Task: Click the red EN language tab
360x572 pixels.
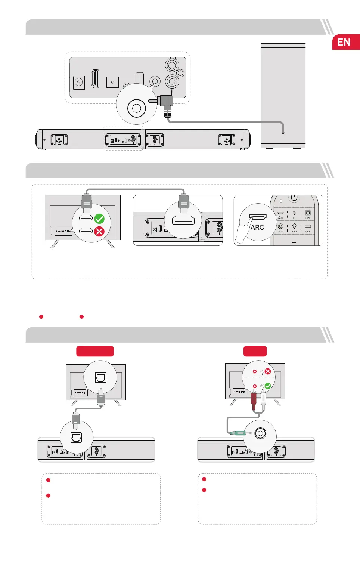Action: [x=345, y=42]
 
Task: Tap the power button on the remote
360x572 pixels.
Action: [x=294, y=198]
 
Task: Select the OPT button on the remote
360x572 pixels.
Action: [x=308, y=214]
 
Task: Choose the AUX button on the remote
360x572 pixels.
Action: [x=280, y=227]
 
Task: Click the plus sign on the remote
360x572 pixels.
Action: [x=294, y=242]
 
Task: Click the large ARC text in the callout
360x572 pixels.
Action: [x=257, y=228]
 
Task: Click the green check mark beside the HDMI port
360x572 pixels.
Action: [x=99, y=219]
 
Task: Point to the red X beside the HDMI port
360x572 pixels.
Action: [x=99, y=232]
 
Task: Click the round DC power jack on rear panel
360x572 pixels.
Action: [x=78, y=82]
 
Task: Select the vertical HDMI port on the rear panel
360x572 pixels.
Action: [x=95, y=79]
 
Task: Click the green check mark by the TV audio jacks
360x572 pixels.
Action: [x=268, y=386]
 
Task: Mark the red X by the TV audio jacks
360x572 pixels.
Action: [x=268, y=371]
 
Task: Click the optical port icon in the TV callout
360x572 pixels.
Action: [x=100, y=377]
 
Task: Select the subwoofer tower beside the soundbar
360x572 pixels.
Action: [x=283, y=95]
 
